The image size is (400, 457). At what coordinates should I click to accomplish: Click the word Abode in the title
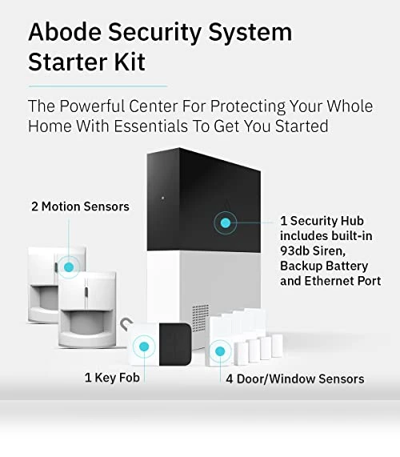click(65, 31)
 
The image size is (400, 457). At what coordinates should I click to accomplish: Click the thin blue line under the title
click(98, 86)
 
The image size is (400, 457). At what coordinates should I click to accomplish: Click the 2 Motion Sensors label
click(80, 206)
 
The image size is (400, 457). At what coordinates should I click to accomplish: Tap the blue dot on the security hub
click(226, 223)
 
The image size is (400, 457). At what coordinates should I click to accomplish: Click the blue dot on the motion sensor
click(69, 267)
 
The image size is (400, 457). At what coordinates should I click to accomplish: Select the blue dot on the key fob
click(144, 347)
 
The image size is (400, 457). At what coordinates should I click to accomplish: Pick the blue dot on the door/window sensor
click(220, 351)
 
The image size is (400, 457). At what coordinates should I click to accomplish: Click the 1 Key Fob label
click(112, 378)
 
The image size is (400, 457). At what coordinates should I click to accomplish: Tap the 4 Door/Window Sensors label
click(295, 379)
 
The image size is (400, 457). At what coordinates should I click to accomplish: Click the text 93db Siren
click(313, 251)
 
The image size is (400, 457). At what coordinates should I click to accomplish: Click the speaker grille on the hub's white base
click(200, 318)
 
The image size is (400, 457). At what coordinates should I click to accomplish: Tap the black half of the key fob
click(175, 344)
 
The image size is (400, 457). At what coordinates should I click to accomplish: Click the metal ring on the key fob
click(126, 323)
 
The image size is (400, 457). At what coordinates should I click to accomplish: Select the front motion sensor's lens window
click(87, 323)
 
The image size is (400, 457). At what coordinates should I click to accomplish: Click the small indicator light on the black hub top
click(162, 198)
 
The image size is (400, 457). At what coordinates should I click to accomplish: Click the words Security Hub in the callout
click(327, 221)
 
